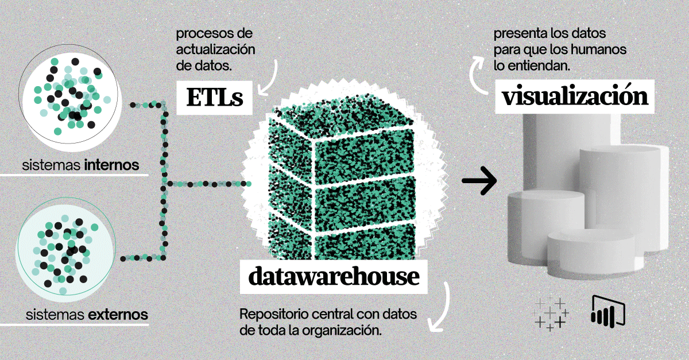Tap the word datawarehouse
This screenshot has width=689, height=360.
pos(334,277)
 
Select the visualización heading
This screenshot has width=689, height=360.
pos(575,96)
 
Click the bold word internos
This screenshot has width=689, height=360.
pos(112,165)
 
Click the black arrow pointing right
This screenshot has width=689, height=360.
pos(479,181)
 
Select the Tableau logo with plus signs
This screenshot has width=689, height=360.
pos(549,313)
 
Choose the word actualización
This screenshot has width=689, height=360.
pos(215,50)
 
